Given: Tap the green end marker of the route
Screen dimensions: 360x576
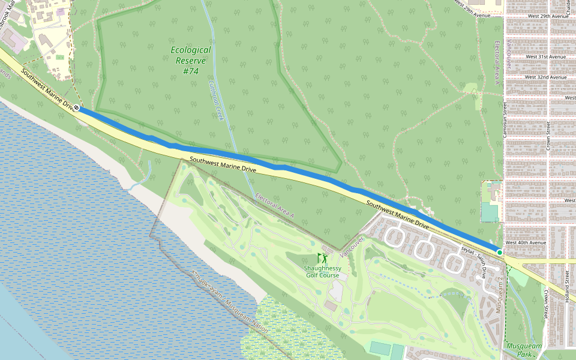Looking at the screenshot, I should tap(499, 253).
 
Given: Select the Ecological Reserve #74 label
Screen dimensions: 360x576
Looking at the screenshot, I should tap(190, 61).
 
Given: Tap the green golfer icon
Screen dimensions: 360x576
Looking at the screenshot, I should tap(322, 258).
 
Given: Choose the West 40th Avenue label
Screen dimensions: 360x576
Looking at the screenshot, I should tap(526, 242).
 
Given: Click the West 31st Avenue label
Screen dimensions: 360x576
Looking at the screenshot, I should tap(545, 56).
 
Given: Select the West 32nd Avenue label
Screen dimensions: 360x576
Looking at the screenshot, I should tap(545, 77).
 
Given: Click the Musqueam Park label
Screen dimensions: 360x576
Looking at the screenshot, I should tap(523, 350).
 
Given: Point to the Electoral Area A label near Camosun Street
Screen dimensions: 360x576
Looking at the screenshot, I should tap(497, 67).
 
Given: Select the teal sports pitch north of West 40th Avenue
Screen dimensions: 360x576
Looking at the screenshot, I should tap(490, 212).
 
